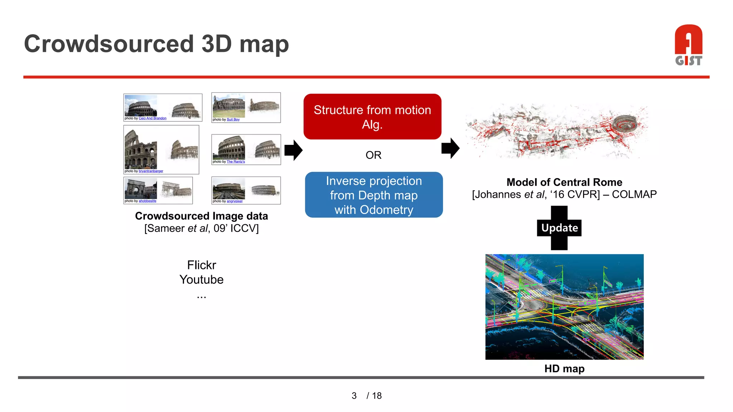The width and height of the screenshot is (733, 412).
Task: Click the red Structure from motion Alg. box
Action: [x=372, y=117]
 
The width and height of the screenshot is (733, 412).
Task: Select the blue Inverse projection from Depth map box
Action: [x=374, y=195]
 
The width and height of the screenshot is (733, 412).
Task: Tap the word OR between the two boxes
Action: [x=373, y=155]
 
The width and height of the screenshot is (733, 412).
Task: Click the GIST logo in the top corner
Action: [x=688, y=45]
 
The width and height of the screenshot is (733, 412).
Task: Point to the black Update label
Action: [x=559, y=228]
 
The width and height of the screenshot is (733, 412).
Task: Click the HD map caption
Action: [x=564, y=368]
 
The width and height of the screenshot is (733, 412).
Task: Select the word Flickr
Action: [x=202, y=265]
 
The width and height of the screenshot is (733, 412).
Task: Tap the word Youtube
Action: [x=202, y=280]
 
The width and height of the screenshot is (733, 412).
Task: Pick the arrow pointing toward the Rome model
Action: [x=450, y=148]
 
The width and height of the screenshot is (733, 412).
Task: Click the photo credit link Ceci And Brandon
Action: [x=152, y=118]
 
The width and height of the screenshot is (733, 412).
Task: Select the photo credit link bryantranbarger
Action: [x=151, y=171]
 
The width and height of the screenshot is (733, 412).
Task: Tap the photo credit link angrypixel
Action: [x=234, y=201]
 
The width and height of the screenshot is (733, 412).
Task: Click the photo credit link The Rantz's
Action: [x=236, y=162]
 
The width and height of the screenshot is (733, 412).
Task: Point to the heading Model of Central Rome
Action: [x=564, y=182]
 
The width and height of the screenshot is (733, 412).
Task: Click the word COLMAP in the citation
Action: [x=634, y=195]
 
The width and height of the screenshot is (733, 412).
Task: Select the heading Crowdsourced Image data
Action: [x=201, y=216]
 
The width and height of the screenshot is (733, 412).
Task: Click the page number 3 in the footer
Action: [x=354, y=396]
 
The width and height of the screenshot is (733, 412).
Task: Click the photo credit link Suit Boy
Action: [x=233, y=120]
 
